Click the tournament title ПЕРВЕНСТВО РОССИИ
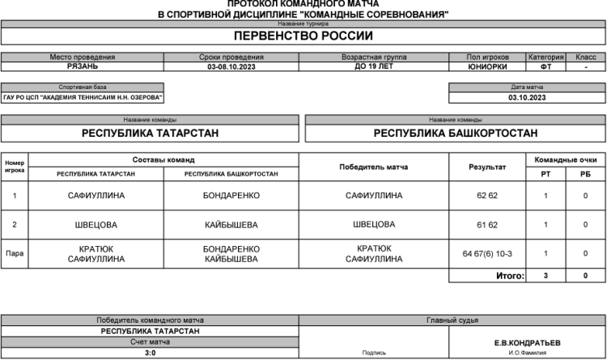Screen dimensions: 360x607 tap(303, 36)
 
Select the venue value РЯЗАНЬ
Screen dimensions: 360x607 tap(83, 67)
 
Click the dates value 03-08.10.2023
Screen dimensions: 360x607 tap(231, 67)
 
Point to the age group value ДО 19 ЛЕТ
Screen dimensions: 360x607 tap(374, 67)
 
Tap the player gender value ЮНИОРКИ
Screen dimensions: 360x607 tap(488, 67)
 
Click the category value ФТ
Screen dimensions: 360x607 tap(546, 67)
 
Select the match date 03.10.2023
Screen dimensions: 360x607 tap(527, 97)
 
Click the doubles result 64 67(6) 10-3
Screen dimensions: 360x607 tap(487, 254)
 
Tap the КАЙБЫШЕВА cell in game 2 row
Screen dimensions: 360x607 tap(231, 225)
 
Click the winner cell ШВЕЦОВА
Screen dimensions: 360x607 tap(374, 225)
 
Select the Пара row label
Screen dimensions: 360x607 tap(15, 254)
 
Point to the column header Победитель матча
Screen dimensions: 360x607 tap(374, 167)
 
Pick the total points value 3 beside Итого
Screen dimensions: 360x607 tap(545, 276)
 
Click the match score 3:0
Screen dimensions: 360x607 tap(151, 353)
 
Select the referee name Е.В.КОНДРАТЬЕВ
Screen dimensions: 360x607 tap(526, 342)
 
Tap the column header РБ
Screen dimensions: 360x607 tap(585, 174)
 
